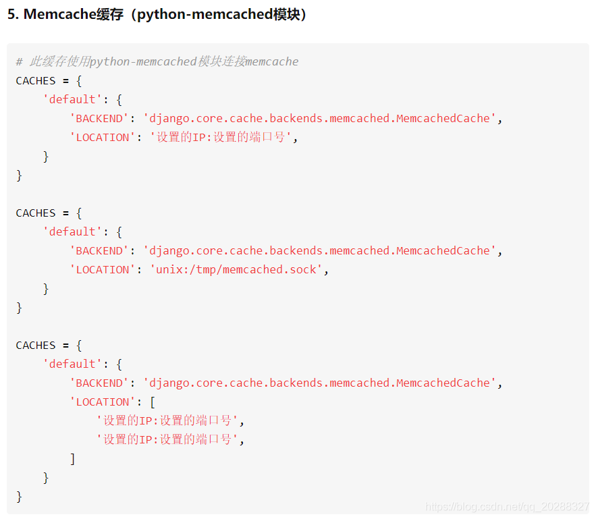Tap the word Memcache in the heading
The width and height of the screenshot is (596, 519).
(x=59, y=14)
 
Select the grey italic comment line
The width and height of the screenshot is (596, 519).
(x=157, y=61)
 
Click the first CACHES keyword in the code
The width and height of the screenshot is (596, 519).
(x=36, y=81)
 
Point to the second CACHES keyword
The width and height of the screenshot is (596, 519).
(x=36, y=213)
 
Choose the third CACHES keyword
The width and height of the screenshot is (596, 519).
(x=36, y=346)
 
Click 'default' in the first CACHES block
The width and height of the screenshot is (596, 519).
(x=72, y=99)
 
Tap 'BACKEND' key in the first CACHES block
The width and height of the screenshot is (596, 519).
(x=99, y=119)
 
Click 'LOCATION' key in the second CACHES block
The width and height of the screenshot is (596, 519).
(x=103, y=270)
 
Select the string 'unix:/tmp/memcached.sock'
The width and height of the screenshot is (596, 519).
(x=236, y=270)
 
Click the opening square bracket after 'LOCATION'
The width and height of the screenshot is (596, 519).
(x=153, y=402)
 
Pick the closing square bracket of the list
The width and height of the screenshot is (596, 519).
(x=73, y=459)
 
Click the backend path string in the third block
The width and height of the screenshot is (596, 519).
(x=320, y=383)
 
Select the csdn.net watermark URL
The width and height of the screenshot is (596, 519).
(x=507, y=506)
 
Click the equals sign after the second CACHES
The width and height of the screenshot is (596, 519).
(x=66, y=213)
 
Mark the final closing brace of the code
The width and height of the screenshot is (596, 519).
(x=19, y=497)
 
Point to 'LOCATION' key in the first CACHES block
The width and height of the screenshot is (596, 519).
(x=103, y=138)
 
